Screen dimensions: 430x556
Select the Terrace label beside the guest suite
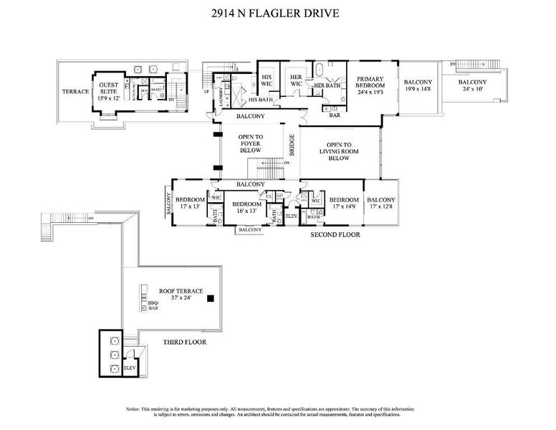coord(75,92)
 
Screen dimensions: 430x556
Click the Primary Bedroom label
coord(370,85)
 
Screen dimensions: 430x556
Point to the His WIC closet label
coord(267,80)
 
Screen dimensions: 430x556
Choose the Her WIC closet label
coord(294,80)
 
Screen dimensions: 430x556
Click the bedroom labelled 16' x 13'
coord(246,207)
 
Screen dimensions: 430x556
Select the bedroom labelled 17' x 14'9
coord(344,204)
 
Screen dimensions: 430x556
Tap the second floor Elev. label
coord(292,216)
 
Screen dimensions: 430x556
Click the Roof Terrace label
coord(181,295)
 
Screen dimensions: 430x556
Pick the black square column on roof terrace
coord(210,299)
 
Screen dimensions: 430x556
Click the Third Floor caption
coord(184,343)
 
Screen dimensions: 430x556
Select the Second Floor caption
coord(335,234)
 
